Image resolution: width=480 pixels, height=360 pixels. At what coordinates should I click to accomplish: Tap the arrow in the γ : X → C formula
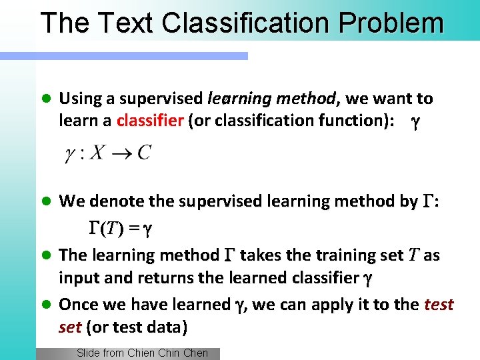coord(121,153)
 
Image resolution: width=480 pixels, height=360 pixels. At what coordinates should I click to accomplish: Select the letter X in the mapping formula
coord(97,153)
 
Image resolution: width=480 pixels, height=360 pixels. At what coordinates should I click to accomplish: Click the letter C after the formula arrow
coord(143,153)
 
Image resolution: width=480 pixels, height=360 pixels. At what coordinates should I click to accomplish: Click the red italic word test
coord(439,305)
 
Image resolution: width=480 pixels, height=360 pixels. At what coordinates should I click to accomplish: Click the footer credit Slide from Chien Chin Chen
coord(142,353)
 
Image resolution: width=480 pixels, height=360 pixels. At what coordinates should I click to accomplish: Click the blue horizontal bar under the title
coord(133,57)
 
